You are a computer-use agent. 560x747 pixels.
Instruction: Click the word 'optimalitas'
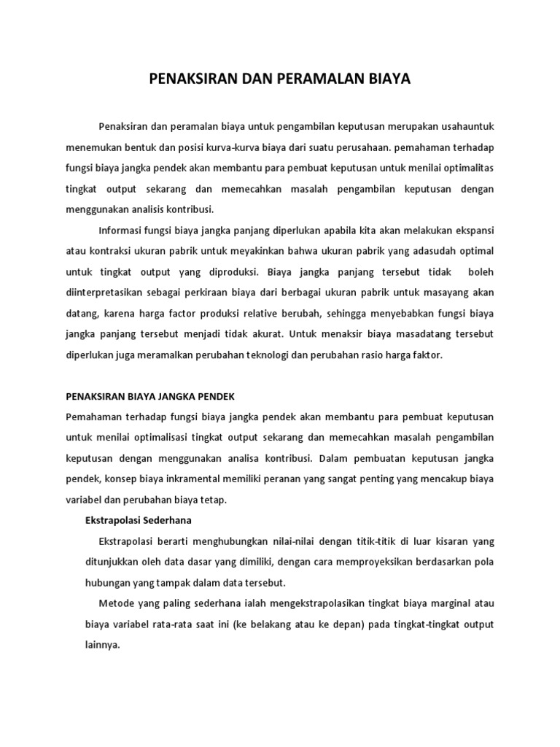467,169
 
